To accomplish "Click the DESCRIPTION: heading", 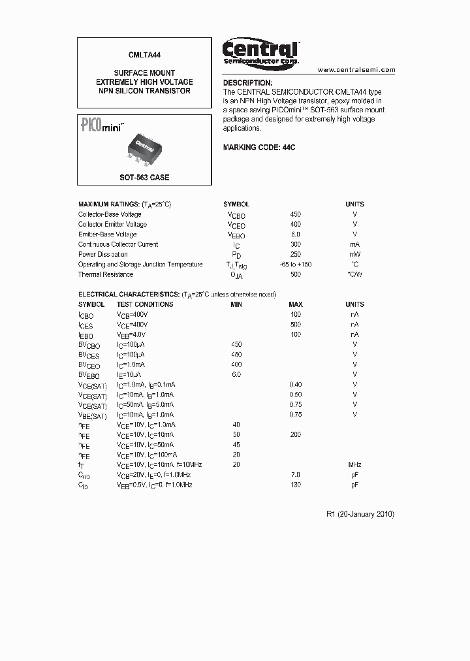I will [247, 83].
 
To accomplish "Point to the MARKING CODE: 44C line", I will [259, 148].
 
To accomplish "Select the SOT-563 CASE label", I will [144, 178].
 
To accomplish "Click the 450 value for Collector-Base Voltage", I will [295, 214].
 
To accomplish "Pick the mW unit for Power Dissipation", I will [354, 254].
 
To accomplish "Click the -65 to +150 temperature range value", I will [295, 265].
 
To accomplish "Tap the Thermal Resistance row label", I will [106, 274].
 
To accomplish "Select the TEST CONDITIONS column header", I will [145, 304].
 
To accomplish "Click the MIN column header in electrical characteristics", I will [236, 304].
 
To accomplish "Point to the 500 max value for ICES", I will [295, 325].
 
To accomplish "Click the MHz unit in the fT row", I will [354, 464].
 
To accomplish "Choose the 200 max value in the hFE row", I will [295, 434].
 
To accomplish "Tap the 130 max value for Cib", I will [295, 485].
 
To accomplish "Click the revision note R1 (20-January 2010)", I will [360, 514].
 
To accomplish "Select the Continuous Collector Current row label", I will [118, 244].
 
